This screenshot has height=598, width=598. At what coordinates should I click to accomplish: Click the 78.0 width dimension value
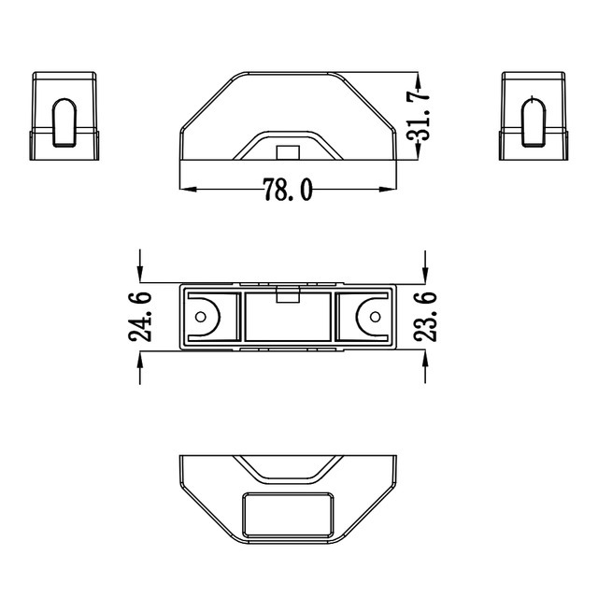point(286,191)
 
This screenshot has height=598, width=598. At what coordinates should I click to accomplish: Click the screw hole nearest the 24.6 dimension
point(201,316)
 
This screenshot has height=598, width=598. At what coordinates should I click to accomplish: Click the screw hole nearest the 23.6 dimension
point(374,316)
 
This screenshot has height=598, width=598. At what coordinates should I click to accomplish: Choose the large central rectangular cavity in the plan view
point(288,319)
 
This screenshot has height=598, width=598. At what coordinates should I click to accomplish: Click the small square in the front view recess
point(288,152)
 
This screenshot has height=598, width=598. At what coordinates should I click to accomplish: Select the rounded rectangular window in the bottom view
point(288,515)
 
